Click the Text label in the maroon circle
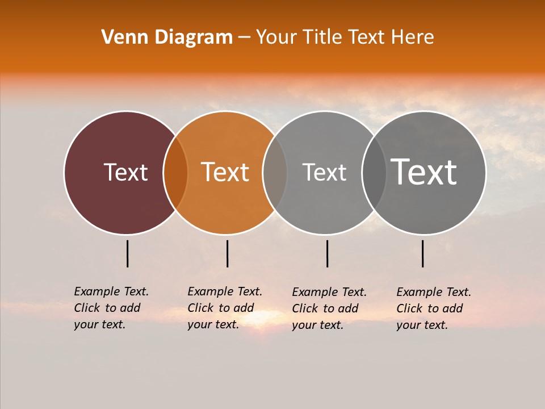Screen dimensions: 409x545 point(126,172)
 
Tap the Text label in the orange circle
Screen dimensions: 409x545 point(225,172)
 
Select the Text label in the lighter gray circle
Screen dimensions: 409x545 point(325,172)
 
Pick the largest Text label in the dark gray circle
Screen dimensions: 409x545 point(424,172)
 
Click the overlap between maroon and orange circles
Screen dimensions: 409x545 point(175,173)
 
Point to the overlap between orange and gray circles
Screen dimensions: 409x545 point(275,173)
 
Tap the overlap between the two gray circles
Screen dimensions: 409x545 point(374,173)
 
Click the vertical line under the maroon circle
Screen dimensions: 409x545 point(128,253)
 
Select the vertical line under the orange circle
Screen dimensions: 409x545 point(227,253)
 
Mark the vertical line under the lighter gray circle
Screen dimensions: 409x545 point(327,253)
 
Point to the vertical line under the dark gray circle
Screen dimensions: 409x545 point(423,253)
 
